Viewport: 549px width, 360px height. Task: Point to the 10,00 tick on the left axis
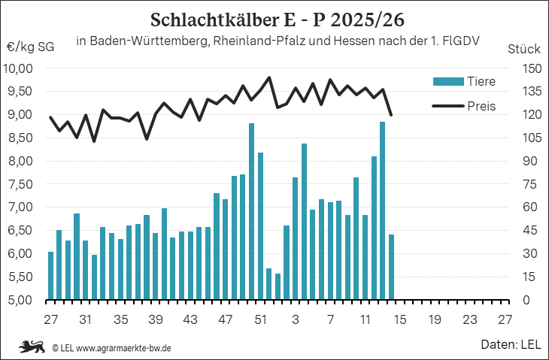tap(20, 68)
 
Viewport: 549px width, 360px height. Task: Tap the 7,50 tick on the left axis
tap(20, 184)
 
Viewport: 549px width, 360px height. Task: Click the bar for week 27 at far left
tap(51, 275)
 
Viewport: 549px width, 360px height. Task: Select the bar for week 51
tap(261, 225)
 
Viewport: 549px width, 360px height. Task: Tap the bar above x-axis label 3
tap(296, 238)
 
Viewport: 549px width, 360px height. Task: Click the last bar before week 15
tap(391, 267)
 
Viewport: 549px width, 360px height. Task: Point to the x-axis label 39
tap(156, 319)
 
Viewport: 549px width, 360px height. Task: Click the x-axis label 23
tap(470, 319)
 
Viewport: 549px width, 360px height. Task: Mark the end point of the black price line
tap(391, 115)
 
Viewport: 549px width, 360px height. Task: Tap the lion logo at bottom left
tap(33, 346)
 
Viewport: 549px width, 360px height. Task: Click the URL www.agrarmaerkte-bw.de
tap(124, 348)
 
